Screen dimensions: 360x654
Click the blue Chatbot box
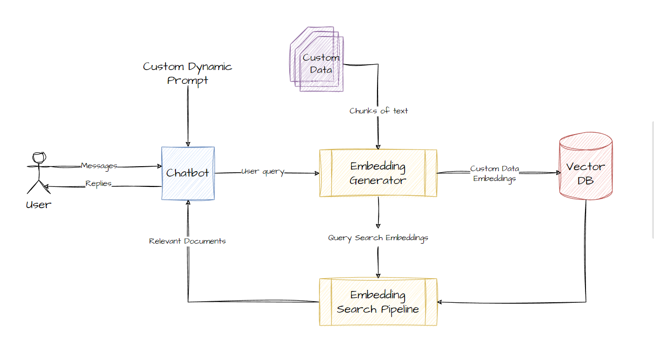point(188,173)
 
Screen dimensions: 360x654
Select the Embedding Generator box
point(378,173)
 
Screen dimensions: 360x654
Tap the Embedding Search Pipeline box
point(378,302)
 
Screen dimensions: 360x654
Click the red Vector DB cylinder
point(585,168)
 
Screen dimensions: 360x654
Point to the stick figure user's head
point(39,158)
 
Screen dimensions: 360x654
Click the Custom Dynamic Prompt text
point(187,73)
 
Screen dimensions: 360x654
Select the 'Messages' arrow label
point(99,166)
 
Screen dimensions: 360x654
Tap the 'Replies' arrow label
point(99,183)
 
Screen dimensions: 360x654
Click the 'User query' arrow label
point(263,172)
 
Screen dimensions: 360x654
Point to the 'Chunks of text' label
point(379,111)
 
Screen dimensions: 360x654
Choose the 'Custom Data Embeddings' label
point(494,174)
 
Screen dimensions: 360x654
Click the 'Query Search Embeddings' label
point(378,238)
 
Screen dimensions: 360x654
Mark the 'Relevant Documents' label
point(187,241)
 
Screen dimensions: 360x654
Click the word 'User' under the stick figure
point(38,205)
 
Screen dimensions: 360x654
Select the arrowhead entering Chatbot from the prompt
point(187,144)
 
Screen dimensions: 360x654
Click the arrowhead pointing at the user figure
point(45,186)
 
